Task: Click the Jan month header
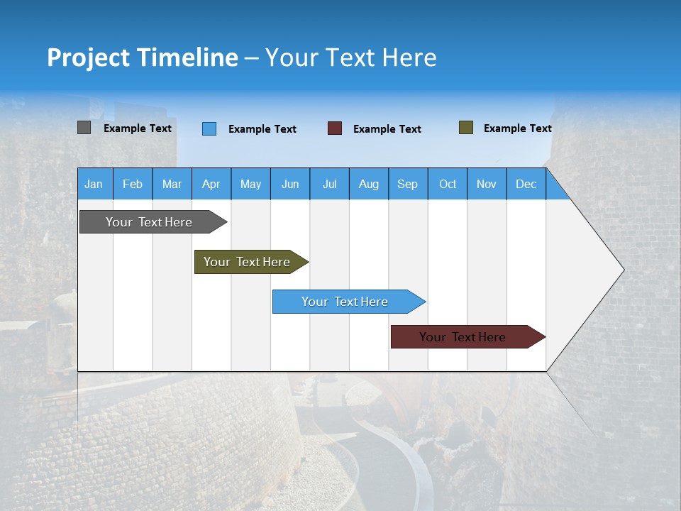[94, 184]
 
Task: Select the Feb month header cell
[133, 184]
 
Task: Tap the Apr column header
[211, 184]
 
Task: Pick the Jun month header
[290, 184]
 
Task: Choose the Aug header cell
[369, 184]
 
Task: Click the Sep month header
[408, 184]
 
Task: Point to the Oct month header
[448, 184]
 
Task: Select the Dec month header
[526, 184]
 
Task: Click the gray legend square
[84, 128]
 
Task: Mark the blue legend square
[209, 128]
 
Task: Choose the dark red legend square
[335, 128]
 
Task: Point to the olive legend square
[466, 128]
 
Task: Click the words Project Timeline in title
[143, 57]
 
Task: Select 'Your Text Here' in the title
[350, 57]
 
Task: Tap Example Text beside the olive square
[517, 128]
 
